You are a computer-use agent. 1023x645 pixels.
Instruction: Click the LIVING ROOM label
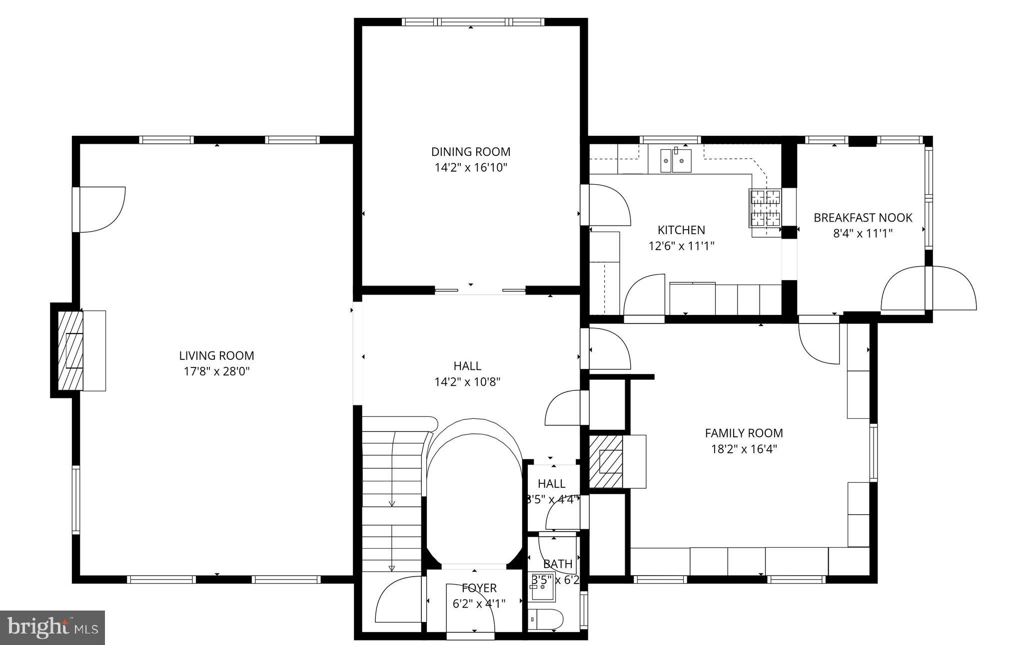click(x=216, y=355)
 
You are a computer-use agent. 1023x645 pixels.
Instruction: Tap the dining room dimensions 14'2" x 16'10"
click(x=470, y=167)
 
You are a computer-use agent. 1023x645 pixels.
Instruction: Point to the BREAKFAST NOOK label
click(x=863, y=218)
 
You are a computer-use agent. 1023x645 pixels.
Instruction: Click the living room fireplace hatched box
click(x=70, y=350)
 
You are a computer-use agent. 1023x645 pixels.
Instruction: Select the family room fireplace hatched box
click(x=606, y=461)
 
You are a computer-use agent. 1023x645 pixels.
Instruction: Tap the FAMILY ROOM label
click(x=744, y=433)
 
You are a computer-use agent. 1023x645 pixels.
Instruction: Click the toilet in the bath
click(x=545, y=620)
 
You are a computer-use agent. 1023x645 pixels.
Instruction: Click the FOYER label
click(x=479, y=588)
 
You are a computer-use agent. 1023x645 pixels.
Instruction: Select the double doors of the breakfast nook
click(x=929, y=290)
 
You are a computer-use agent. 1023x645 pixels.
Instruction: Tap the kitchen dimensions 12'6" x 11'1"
click(x=681, y=246)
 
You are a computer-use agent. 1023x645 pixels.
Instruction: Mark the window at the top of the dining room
click(x=473, y=22)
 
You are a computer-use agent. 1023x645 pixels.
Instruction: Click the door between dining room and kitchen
click(x=606, y=205)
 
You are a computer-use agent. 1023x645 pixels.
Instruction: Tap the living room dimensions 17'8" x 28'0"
click(x=216, y=371)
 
